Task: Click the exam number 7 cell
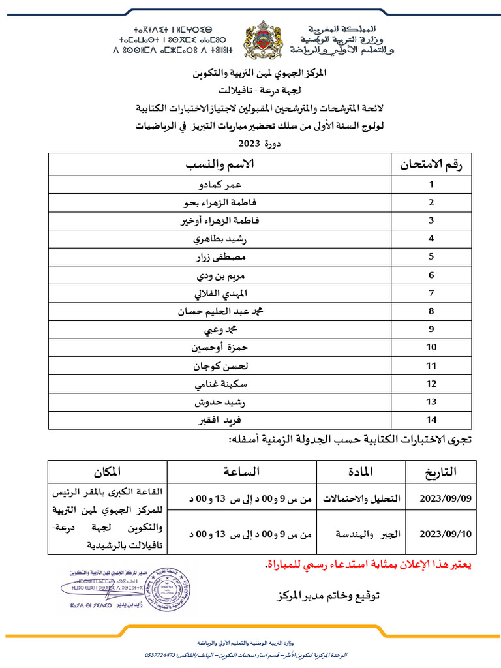[x=431, y=293]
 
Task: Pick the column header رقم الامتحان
[x=431, y=165]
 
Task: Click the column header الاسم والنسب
[x=220, y=165]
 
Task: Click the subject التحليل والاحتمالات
[x=359, y=498]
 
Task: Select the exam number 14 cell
[x=431, y=419]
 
